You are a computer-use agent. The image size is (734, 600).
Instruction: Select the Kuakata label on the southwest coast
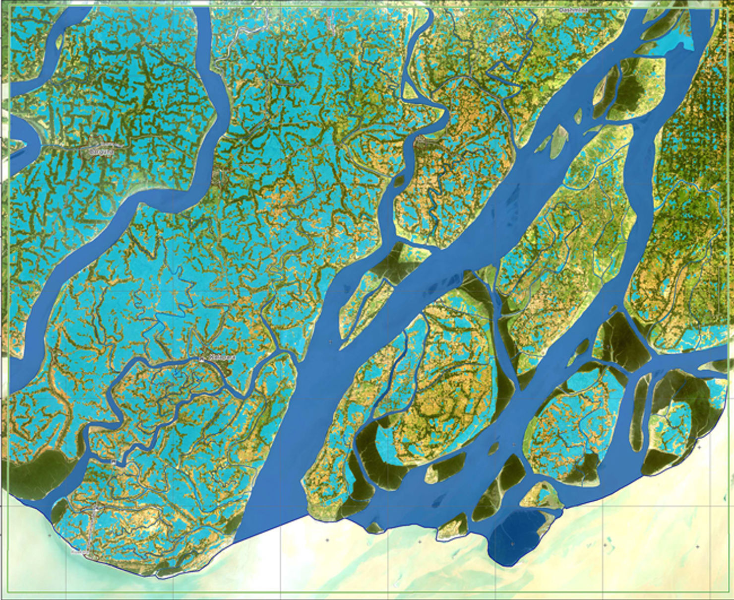(x=79, y=551)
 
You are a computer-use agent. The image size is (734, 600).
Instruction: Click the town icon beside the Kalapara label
(x=202, y=357)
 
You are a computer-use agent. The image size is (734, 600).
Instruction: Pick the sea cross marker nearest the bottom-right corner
(x=698, y=546)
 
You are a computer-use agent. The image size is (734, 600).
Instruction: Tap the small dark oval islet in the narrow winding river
(x=398, y=181)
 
